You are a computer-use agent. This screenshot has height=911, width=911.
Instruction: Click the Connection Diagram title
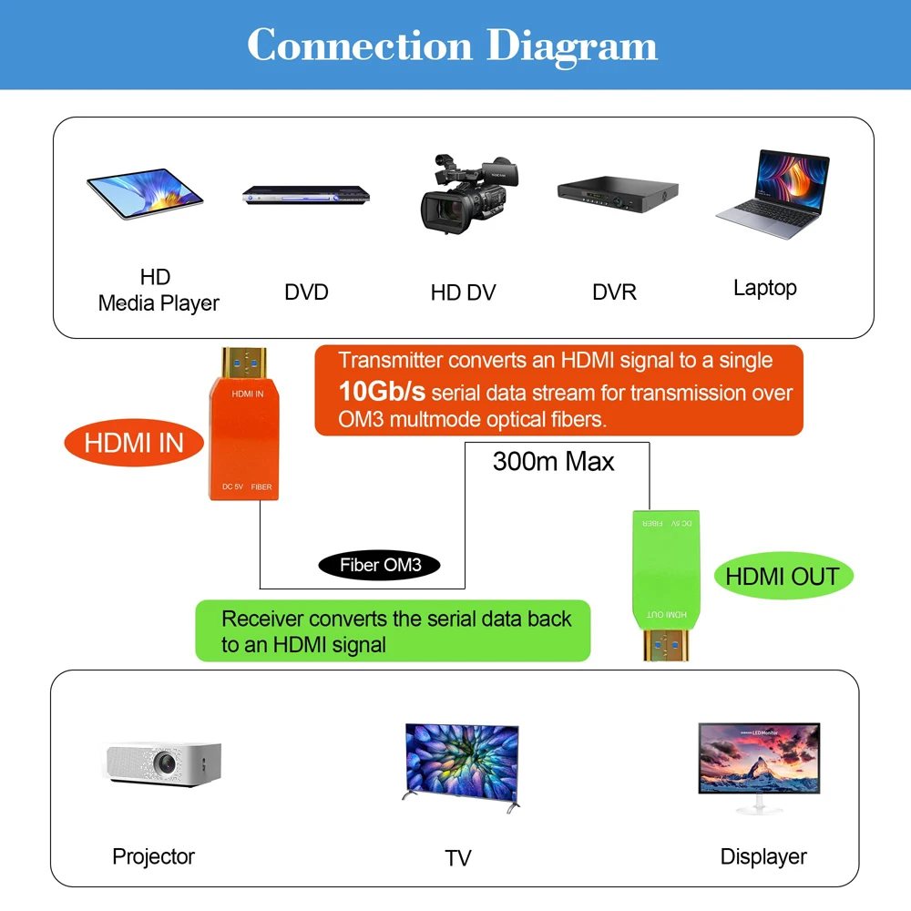point(452,45)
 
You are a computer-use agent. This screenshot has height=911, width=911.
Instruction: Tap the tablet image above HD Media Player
point(145,193)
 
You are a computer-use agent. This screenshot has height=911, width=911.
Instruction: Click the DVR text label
point(614,292)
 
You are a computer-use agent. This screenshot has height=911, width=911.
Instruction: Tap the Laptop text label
point(764,288)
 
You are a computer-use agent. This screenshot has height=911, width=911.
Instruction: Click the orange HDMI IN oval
point(134,443)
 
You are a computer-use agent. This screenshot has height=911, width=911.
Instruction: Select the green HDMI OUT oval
point(783,576)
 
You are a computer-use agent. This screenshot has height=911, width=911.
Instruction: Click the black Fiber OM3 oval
point(379,565)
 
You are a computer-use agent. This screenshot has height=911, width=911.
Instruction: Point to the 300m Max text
point(553,461)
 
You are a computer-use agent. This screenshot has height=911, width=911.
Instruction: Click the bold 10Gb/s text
point(382,393)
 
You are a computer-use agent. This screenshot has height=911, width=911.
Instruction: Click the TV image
point(461,763)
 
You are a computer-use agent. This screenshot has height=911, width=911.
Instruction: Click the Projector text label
point(153,856)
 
